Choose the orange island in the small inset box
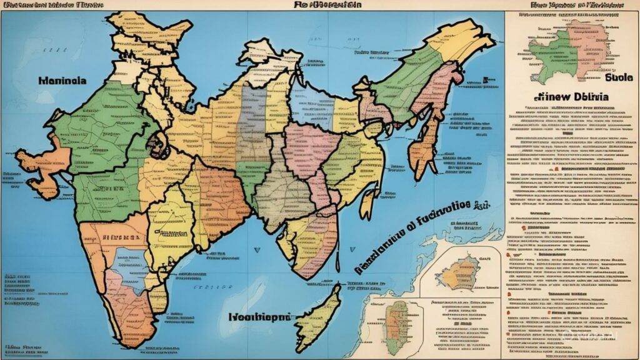point(469,272)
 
